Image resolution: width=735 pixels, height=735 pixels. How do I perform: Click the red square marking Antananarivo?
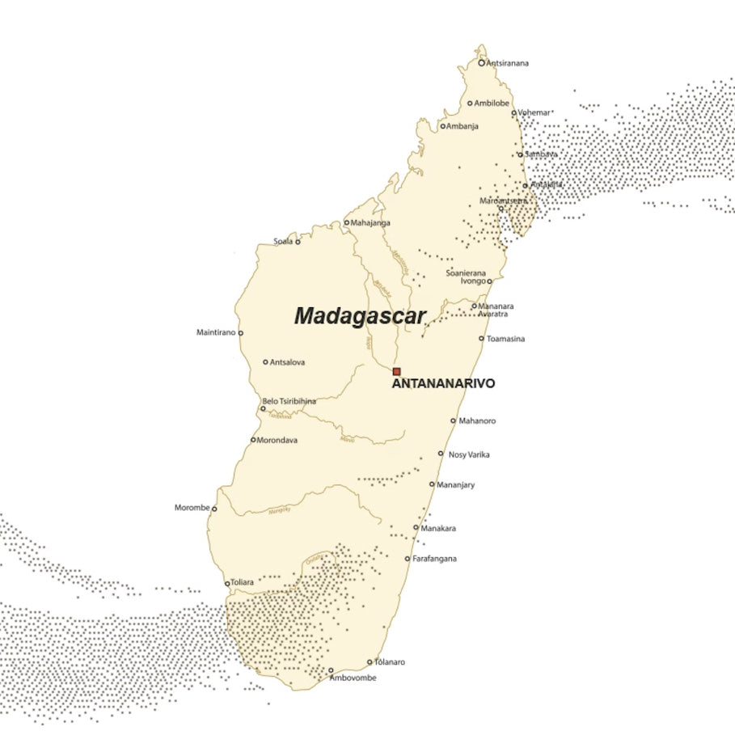(x=396, y=371)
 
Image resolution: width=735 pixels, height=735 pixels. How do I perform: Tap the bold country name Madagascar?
(x=359, y=316)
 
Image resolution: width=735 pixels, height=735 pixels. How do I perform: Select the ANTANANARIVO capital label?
(x=443, y=384)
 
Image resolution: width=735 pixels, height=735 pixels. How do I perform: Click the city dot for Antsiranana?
(x=481, y=62)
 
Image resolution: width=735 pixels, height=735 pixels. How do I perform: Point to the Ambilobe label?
(x=492, y=103)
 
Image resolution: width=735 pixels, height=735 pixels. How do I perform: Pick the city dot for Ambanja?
(x=443, y=126)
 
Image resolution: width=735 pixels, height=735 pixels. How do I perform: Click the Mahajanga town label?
(x=370, y=222)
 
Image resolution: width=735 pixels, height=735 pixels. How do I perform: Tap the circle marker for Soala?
(x=297, y=242)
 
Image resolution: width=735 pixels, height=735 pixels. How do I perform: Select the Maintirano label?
(x=216, y=332)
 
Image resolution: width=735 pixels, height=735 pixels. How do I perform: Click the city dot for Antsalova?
(x=265, y=362)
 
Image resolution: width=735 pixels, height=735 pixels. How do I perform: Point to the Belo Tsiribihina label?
(x=289, y=401)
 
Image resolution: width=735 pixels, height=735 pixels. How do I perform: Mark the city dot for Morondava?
(x=253, y=440)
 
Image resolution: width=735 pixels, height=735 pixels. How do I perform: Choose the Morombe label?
(x=192, y=508)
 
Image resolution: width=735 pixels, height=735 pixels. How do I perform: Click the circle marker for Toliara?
(x=227, y=583)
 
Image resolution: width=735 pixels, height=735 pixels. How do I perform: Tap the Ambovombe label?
(x=353, y=678)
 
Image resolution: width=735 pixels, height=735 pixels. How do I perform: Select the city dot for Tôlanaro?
(x=370, y=662)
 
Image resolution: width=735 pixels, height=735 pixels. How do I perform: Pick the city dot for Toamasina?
(x=481, y=339)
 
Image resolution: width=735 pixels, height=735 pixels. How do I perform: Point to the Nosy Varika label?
(x=469, y=454)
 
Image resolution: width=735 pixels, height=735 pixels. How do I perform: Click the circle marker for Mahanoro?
(x=453, y=420)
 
